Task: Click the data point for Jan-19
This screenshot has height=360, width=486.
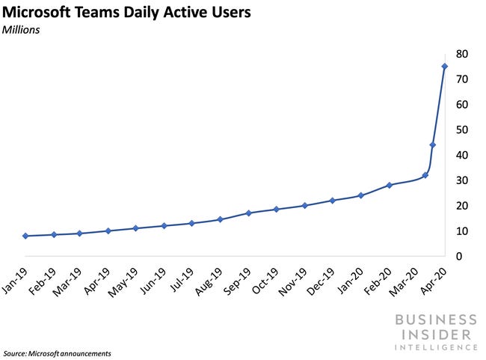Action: point(25,236)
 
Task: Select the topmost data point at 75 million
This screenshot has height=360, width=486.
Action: point(444,67)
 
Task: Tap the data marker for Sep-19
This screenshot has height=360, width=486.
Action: point(248,213)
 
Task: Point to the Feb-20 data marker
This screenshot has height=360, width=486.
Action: point(389,185)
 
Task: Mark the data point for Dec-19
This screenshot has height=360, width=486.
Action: point(332,201)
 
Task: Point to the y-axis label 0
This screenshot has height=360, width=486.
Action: point(458,257)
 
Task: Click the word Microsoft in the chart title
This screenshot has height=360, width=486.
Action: point(42,13)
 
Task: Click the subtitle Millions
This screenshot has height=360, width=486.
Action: point(24,31)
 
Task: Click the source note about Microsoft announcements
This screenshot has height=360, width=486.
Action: point(58,353)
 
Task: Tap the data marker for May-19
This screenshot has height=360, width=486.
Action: point(135,228)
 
